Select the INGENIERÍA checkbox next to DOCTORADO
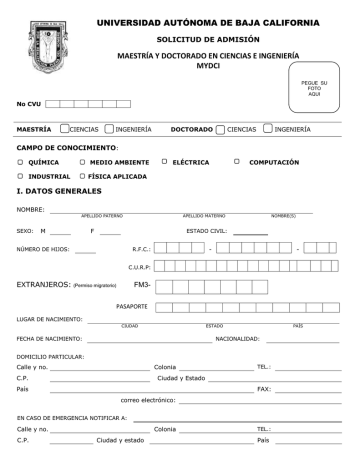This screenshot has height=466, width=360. click(x=268, y=129)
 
